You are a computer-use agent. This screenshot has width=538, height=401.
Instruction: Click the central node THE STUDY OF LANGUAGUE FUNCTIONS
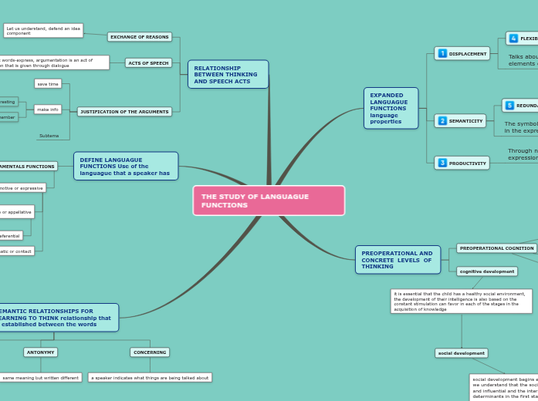click(x=268, y=200)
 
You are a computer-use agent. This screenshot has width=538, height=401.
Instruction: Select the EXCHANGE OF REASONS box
click(x=139, y=37)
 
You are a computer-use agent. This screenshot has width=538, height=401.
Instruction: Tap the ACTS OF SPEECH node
click(x=148, y=62)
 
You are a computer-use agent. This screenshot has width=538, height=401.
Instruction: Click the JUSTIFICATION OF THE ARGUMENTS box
click(x=124, y=112)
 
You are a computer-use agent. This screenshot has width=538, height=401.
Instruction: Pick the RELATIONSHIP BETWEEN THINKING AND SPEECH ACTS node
click(x=228, y=74)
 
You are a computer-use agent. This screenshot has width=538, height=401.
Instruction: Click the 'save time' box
click(x=48, y=83)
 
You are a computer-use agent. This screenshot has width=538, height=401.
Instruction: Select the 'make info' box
click(x=48, y=110)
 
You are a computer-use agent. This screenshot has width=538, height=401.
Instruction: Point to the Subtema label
click(x=49, y=136)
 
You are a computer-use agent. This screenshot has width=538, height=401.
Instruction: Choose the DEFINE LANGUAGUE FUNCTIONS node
click(x=126, y=166)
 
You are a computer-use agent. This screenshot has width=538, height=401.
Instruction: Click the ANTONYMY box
click(x=40, y=352)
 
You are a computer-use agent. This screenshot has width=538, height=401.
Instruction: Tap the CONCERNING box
click(x=150, y=352)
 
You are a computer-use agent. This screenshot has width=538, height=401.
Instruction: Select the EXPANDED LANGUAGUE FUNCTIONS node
click(x=391, y=108)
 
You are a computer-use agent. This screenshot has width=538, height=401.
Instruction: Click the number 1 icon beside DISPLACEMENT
click(x=442, y=53)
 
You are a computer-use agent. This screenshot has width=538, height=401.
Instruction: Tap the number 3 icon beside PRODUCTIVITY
click(x=442, y=163)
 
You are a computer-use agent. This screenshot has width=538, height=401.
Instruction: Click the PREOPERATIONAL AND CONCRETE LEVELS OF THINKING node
click(x=398, y=260)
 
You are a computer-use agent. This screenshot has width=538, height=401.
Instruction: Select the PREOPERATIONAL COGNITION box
click(x=496, y=248)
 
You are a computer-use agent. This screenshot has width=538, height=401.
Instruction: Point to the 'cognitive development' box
click(x=487, y=271)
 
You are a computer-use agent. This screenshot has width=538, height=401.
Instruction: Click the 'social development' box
click(x=462, y=353)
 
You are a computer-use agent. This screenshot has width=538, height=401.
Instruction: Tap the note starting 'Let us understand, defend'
click(x=43, y=31)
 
